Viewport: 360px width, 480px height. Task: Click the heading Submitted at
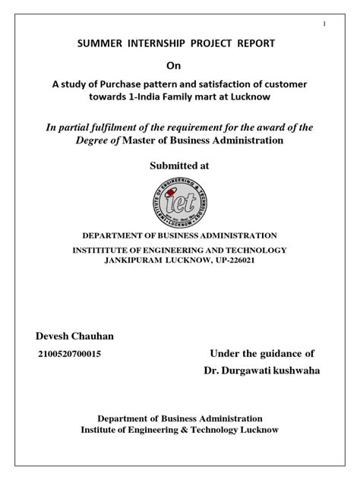tap(180, 166)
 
